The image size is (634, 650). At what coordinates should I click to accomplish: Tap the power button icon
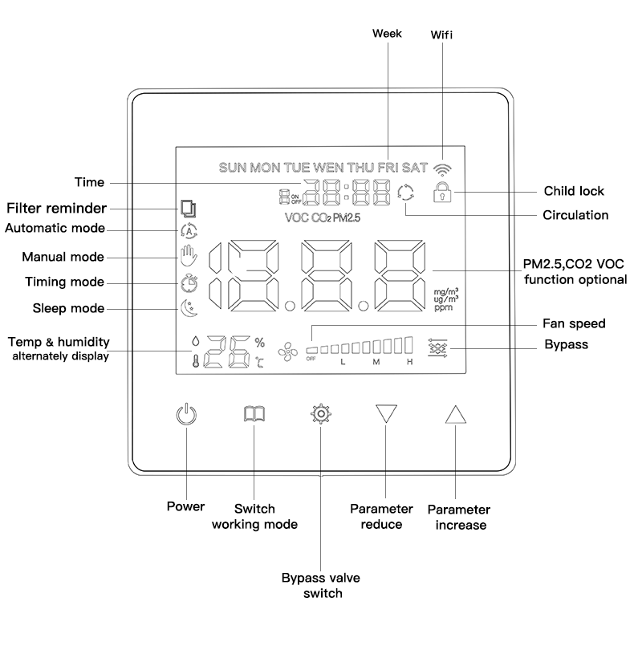pos(186,414)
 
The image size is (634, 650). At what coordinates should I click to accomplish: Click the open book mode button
pos(254,414)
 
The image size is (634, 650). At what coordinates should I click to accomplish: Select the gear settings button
pos(321,414)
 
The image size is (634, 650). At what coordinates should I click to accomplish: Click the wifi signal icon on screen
pos(442,169)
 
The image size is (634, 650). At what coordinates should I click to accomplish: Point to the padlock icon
pos(442,192)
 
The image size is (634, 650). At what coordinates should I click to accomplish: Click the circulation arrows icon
pos(405,193)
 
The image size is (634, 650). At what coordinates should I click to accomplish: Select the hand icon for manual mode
pos(189,256)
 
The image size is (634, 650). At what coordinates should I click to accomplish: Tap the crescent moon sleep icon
pos(189,308)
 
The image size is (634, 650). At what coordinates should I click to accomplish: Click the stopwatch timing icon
pos(189,282)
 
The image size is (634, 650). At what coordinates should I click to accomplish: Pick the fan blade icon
pos(288,352)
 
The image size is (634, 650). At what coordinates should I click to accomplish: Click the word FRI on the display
pos(388,168)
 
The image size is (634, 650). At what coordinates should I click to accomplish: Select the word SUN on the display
pos(233,168)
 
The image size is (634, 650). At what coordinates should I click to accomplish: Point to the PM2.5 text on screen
pos(346,217)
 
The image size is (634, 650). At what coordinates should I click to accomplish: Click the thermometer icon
pos(196,361)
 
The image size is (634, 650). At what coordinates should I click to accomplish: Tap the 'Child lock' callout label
pos(574,191)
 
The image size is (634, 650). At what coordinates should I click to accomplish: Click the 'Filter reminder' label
pos(57,208)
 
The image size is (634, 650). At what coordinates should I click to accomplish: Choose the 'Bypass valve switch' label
pos(321,585)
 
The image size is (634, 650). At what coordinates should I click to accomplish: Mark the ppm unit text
pos(443,308)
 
